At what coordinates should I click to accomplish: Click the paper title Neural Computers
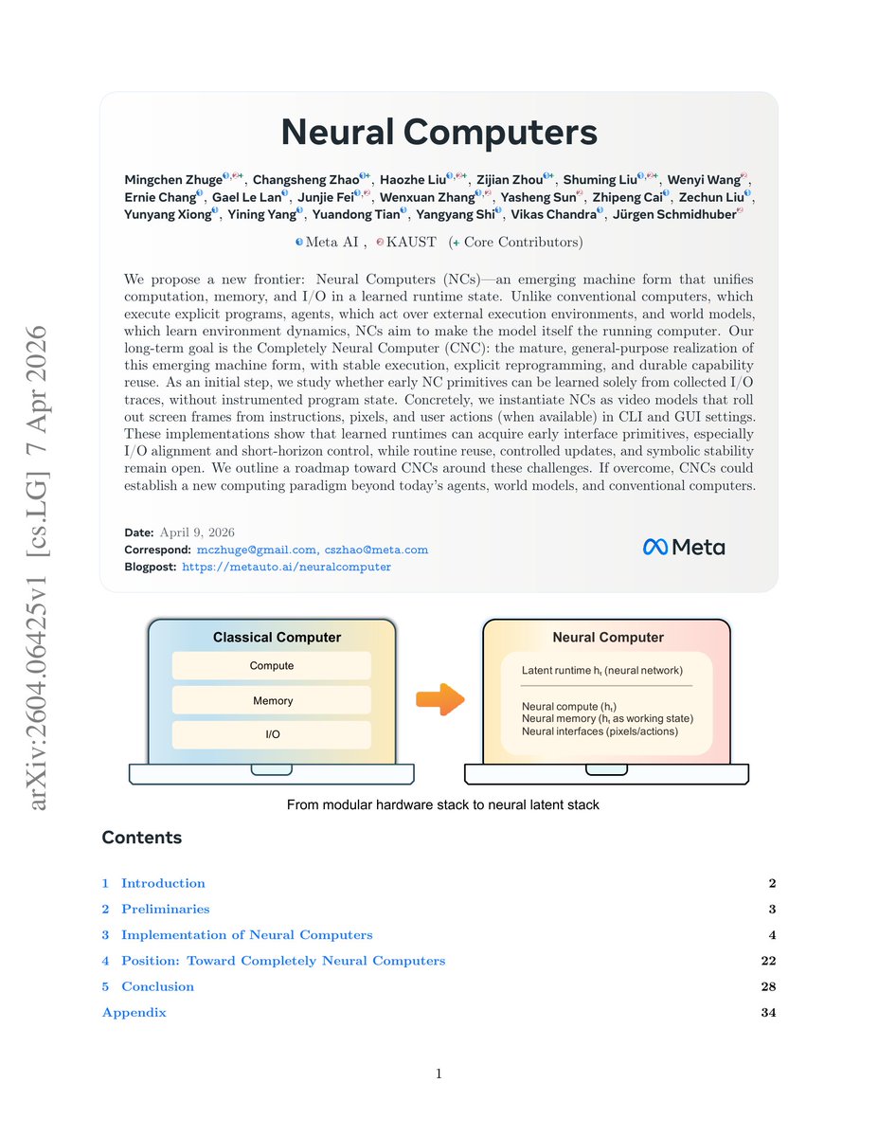click(439, 132)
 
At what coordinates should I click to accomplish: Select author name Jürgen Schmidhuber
click(674, 215)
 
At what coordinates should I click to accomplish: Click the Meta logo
click(684, 547)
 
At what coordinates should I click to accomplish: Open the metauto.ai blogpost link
click(286, 567)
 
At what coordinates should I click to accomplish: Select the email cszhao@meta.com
click(376, 550)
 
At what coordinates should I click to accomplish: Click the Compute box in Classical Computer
click(271, 666)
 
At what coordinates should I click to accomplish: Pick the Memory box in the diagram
click(272, 701)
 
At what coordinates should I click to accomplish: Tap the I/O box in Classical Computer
click(271, 734)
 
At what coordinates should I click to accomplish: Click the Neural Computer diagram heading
click(607, 638)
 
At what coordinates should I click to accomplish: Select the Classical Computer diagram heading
click(277, 638)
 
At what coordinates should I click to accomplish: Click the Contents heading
click(141, 838)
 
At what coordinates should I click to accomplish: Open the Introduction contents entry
click(163, 883)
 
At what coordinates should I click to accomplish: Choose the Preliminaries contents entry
click(165, 909)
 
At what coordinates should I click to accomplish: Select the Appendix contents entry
click(134, 1013)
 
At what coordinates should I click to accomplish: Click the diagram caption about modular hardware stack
click(443, 805)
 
